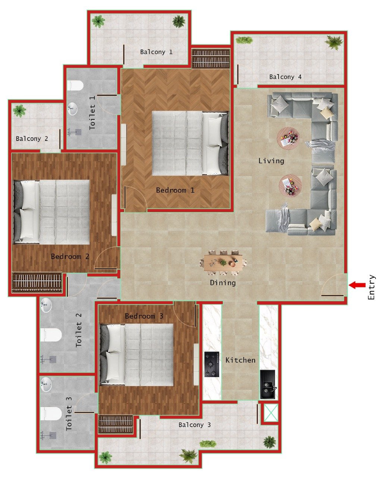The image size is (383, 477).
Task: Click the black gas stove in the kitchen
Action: (x=212, y=364)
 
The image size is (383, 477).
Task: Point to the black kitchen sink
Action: (x=268, y=384)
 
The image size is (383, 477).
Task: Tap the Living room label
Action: (x=271, y=161)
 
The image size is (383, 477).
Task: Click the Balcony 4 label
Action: (x=285, y=77)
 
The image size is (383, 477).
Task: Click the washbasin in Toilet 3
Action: (x=46, y=384)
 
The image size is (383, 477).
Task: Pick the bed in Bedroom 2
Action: (x=52, y=212)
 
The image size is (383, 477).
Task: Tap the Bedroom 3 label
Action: (x=144, y=316)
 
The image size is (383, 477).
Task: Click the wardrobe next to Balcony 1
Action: (x=211, y=59)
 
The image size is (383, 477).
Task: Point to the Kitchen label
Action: (x=241, y=360)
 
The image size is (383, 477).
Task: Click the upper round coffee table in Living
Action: (x=288, y=138)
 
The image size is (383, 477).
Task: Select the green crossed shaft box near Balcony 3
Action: (x=271, y=413)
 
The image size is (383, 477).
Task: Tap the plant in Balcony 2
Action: (x=19, y=111)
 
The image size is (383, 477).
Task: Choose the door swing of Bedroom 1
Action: (x=135, y=198)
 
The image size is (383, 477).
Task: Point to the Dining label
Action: (x=223, y=282)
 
